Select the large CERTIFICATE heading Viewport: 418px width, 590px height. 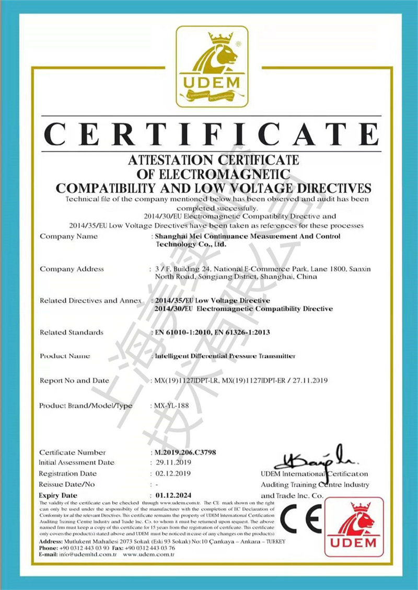pos(211,133)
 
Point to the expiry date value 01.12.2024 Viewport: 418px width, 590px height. pos(175,495)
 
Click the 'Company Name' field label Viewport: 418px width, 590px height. pos(68,236)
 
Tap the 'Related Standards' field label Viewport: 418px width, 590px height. pos(72,332)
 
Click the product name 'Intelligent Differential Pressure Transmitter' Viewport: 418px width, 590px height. pos(225,356)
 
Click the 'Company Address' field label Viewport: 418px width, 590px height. pos(72,269)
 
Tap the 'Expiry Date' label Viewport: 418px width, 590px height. pos(58,495)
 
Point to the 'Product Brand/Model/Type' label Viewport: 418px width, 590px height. pos(86,405)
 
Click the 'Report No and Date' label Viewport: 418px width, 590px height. pos(74,381)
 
